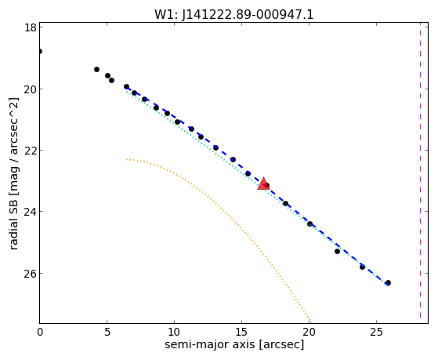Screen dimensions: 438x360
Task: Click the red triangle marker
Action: pos(263,184)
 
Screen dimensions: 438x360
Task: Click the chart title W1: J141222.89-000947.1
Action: pos(234,14)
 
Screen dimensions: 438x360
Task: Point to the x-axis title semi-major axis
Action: pos(234,344)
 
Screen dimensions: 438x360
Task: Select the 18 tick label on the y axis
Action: pos(31,27)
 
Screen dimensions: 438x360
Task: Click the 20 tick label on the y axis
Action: pos(31,89)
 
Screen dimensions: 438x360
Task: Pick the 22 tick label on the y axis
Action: pos(31,151)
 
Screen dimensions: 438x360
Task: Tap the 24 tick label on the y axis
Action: pos(31,212)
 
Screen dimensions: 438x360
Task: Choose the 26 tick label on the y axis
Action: pos(31,273)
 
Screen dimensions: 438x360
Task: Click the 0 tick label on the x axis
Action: pos(40,332)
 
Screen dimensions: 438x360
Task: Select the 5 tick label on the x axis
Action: pos(107,332)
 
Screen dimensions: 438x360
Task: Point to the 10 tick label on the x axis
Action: pos(174,332)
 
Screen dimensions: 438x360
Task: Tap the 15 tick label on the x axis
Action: pos(242,332)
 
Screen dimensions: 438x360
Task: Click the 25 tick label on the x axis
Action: pos(377,332)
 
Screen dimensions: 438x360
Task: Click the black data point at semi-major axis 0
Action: pos(40,51)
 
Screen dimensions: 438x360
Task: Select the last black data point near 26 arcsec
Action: pos(388,283)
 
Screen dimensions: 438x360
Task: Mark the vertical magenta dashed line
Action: pos(420,173)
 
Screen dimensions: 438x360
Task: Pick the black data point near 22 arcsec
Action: pos(337,252)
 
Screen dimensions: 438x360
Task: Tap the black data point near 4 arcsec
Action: pos(96,69)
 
